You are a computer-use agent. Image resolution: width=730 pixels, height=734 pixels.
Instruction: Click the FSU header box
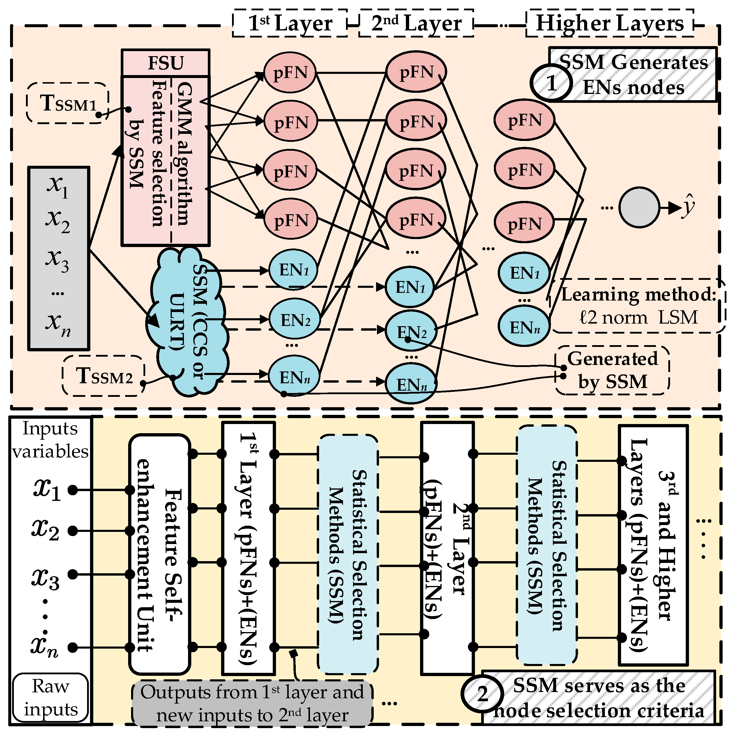pos(166,63)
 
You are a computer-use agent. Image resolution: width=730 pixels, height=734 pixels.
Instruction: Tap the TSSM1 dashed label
pos(68,103)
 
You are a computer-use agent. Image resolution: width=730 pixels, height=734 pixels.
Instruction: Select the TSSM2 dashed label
pos(104,376)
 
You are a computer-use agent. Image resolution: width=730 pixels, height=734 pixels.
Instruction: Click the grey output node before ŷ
pos(639,207)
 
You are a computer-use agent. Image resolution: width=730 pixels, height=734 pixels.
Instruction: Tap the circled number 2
pos(482,694)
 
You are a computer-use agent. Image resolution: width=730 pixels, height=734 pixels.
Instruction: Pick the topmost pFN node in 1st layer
pos(290,72)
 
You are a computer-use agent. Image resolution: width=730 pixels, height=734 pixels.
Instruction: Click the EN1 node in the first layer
pos(293,270)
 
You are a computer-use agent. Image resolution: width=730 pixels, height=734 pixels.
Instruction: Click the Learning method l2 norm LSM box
pos(638,306)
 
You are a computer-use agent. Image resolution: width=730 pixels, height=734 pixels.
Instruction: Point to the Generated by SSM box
pos(612,370)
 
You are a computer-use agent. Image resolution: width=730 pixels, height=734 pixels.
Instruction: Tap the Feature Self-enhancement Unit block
pos(159,555)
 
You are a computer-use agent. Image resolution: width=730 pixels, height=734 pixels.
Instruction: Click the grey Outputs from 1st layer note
pos(252,703)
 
